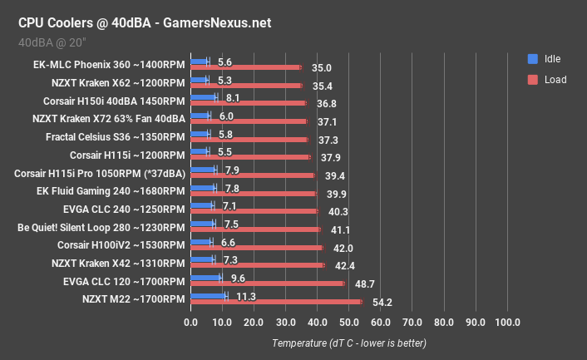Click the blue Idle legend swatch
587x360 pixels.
[x=532, y=59]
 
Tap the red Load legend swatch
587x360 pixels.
[x=532, y=80]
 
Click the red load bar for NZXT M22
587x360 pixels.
[x=276, y=303]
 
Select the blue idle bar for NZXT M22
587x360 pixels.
[x=208, y=296]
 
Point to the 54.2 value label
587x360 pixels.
[x=385, y=303]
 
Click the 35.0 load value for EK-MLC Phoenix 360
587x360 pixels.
[x=322, y=67]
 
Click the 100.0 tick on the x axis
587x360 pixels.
[x=507, y=323]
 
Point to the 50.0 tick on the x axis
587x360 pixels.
[x=349, y=323]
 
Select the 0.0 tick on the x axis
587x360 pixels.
[x=191, y=323]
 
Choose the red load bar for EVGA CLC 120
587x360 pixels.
[x=268, y=284]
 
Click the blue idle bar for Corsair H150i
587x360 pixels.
[x=204, y=97]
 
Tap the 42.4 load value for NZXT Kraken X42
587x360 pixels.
[x=345, y=266]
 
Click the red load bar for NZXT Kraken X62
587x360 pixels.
[x=247, y=85]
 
